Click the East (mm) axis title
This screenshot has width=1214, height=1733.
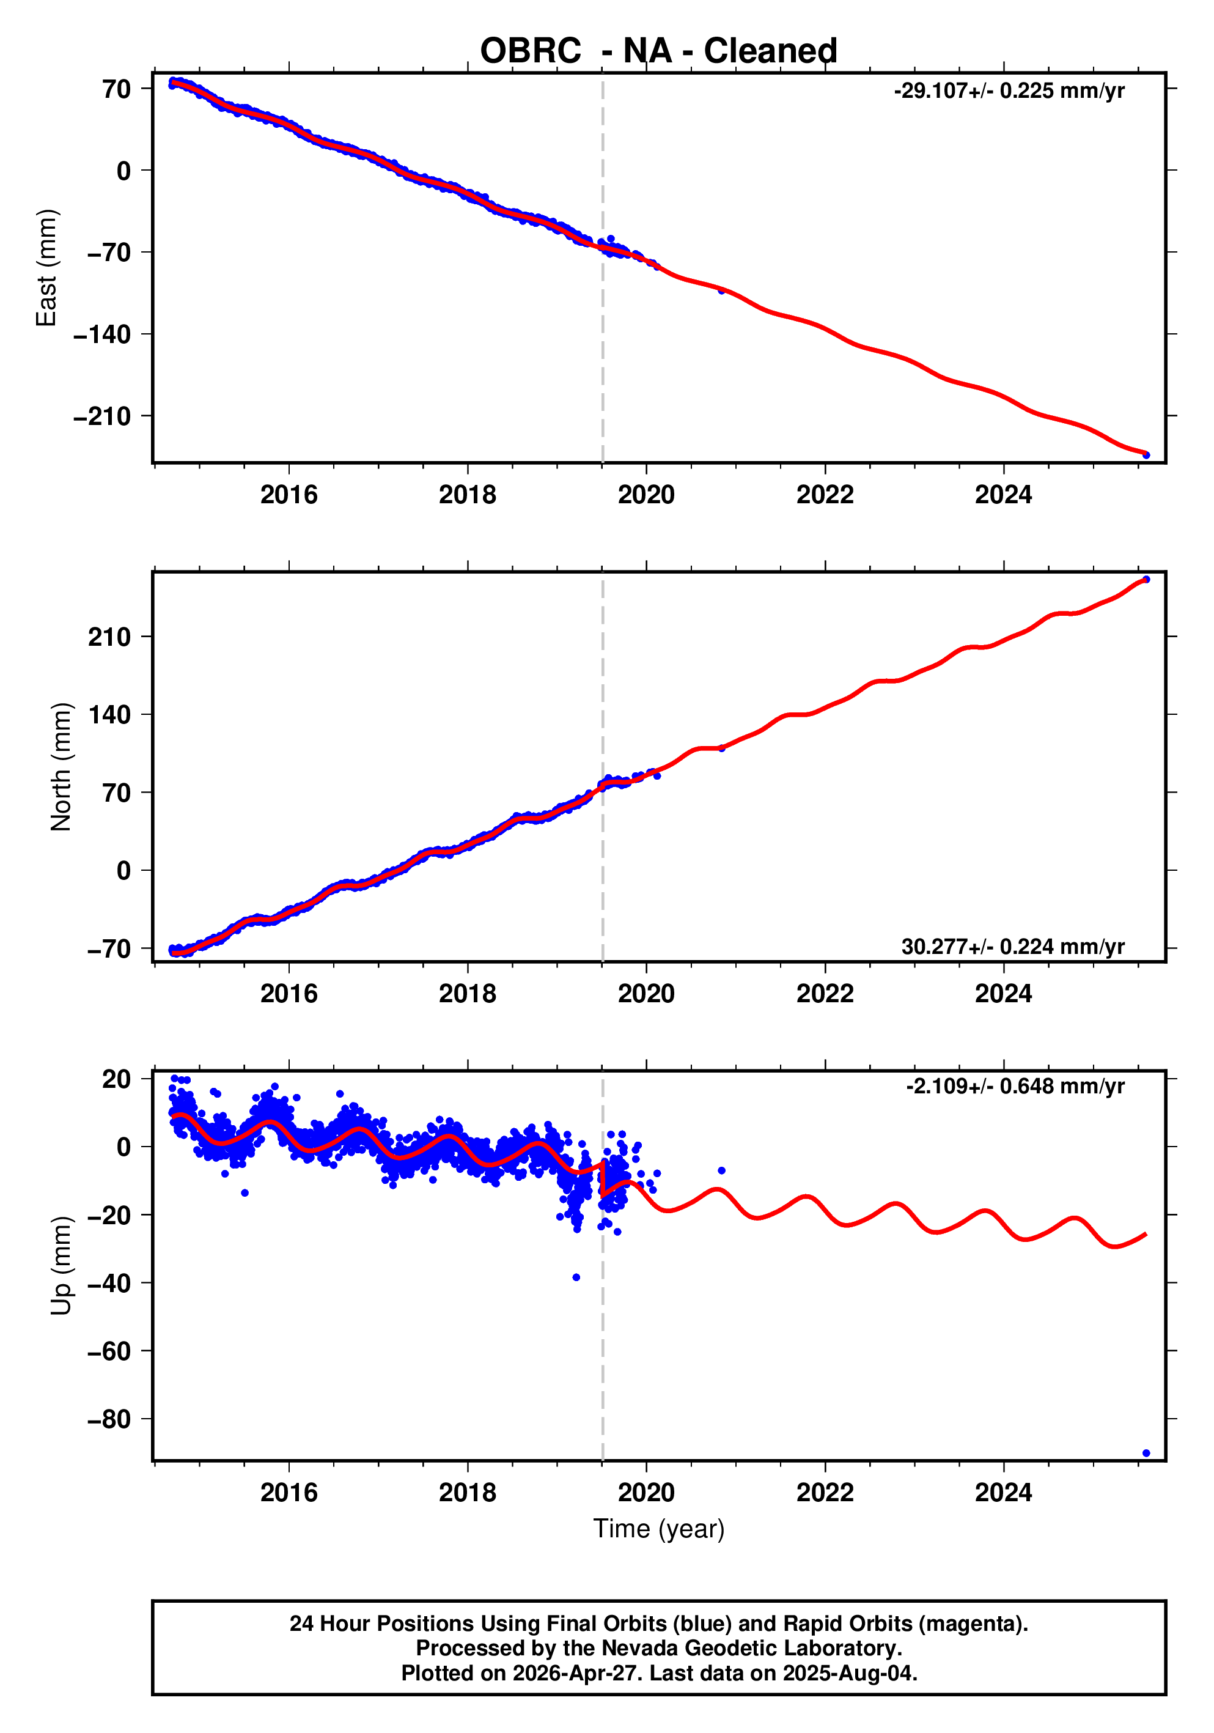(47, 268)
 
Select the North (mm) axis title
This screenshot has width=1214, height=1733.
(61, 767)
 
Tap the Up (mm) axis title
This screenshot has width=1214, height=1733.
(61, 1266)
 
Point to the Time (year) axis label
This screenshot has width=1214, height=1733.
(659, 1528)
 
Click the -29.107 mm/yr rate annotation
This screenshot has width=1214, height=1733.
(1009, 91)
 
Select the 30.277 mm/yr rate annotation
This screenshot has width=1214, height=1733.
(1012, 947)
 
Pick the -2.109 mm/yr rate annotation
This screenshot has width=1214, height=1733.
(1015, 1086)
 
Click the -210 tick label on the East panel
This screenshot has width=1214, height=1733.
(102, 416)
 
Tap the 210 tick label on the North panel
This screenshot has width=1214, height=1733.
(109, 637)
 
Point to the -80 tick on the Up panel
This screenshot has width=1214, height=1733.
(109, 1419)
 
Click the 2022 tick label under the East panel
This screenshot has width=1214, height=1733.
(825, 495)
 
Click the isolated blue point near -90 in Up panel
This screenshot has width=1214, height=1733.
(1146, 1453)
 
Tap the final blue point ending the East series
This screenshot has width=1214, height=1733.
(1146, 454)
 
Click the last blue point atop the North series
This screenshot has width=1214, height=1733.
(1146, 580)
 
